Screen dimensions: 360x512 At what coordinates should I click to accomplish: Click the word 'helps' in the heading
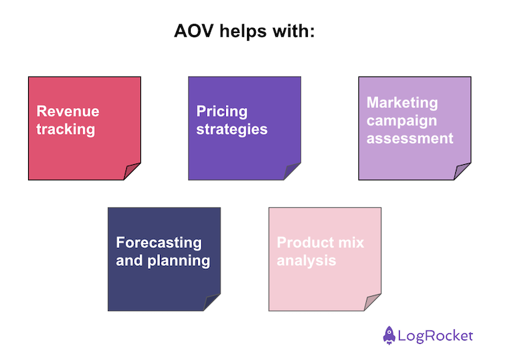(x=241, y=33)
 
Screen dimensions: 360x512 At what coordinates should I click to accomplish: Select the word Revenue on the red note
(x=68, y=112)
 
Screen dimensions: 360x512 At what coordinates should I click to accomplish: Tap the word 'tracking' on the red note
(x=65, y=129)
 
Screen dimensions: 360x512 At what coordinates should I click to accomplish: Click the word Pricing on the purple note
(x=222, y=112)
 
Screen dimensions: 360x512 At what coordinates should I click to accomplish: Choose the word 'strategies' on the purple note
(x=231, y=129)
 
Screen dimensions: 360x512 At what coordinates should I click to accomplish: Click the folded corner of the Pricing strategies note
(x=292, y=172)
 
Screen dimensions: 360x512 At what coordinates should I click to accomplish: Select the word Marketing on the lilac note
(x=402, y=102)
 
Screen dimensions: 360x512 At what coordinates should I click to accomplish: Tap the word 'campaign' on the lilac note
(x=401, y=120)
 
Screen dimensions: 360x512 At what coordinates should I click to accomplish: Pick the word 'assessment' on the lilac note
(x=410, y=138)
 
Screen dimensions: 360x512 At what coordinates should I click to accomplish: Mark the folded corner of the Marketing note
(x=462, y=172)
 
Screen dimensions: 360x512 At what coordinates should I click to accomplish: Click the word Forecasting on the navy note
(x=159, y=243)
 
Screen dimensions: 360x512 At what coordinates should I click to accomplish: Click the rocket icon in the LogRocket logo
(x=389, y=335)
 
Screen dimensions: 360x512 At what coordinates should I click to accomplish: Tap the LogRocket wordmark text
(x=435, y=336)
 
